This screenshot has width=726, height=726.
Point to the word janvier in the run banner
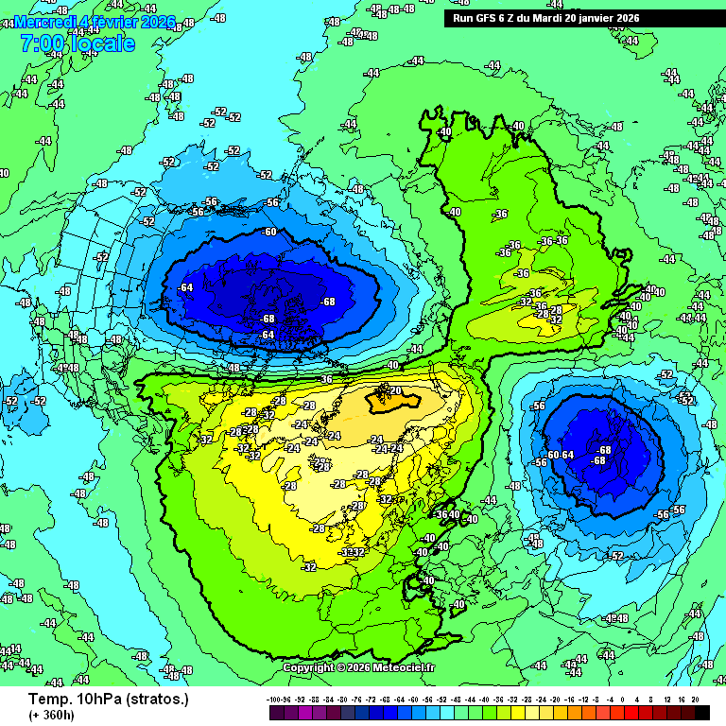coord(592,18)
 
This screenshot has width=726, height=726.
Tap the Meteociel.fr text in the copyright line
coord(404,667)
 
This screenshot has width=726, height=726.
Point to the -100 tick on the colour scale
coord(275,700)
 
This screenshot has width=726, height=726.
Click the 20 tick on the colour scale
coord(695,700)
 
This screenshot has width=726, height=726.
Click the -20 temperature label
coord(394,390)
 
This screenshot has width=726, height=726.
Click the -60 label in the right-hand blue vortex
coord(552,455)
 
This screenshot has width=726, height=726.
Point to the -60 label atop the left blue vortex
coord(269,232)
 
